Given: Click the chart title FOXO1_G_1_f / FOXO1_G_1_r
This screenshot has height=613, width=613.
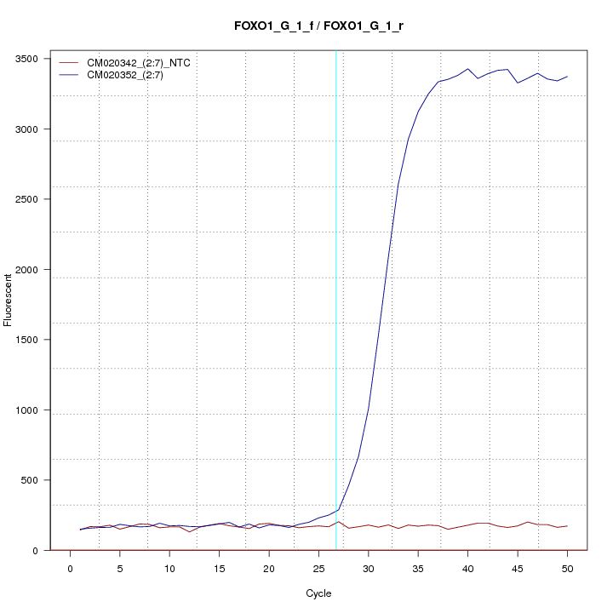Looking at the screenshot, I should coord(318,26).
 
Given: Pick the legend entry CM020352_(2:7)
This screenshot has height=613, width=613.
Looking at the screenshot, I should coord(131,75).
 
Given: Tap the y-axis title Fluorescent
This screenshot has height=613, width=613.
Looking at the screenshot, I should coord(9,298).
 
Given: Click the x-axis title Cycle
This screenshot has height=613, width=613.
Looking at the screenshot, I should coord(318,593).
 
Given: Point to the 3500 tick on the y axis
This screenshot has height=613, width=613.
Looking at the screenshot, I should coord(31,59).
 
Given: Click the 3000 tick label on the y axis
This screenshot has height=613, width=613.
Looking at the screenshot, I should coord(31,129).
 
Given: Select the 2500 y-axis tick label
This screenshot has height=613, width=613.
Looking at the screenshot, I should coord(31,199).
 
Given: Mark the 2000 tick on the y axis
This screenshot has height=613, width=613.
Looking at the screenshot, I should coord(31,270).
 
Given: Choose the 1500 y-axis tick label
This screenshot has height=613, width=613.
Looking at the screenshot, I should coord(31,340).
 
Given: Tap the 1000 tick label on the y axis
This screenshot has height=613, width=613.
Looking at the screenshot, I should coord(31,410).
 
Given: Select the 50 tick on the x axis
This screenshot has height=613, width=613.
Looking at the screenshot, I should coord(567,568).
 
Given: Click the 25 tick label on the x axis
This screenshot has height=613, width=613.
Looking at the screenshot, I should coord(318,568).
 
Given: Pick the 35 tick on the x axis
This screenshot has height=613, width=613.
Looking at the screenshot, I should coord(418,568).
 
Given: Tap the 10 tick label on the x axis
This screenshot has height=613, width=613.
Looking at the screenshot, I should coord(169,568).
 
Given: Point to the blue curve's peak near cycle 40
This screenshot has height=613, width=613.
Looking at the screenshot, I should coord(467,69).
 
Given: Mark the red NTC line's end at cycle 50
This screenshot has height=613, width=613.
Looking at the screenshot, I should coord(567,526).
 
